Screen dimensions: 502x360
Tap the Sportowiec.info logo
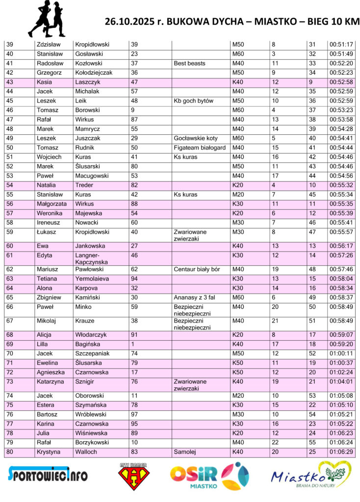(x=48, y=475)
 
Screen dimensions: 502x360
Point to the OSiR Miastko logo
(x=209, y=477)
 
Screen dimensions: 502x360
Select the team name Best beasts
(x=190, y=63)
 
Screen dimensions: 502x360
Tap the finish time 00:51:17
(x=341, y=45)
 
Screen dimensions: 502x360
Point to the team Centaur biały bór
(x=197, y=269)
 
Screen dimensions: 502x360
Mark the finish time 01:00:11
(x=341, y=353)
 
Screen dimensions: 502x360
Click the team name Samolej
(x=184, y=452)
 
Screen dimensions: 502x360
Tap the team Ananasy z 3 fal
(x=195, y=297)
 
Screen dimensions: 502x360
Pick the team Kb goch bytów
(x=194, y=101)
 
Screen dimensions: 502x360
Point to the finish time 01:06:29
(x=341, y=452)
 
